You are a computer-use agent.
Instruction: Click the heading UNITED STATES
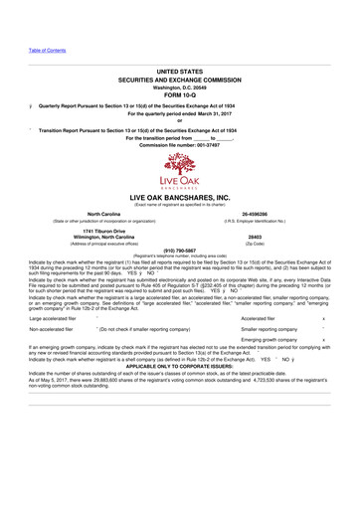tap(179, 73)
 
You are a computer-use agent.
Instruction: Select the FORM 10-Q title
tap(179, 94)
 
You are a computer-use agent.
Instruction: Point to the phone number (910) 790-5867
tap(179, 251)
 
